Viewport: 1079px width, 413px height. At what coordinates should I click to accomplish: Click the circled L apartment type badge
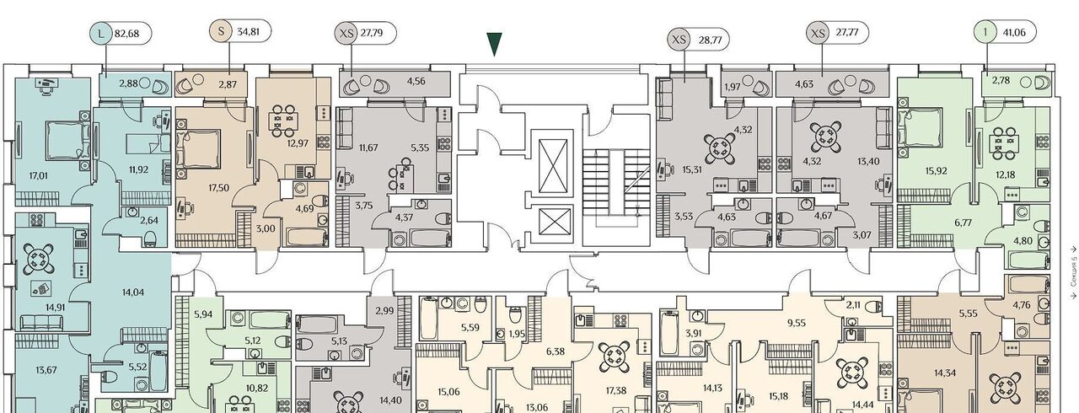(99, 34)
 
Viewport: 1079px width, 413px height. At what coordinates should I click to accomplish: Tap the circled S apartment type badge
(221, 31)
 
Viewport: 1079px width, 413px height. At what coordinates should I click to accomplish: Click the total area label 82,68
(126, 34)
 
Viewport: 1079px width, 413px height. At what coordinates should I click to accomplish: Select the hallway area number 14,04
(133, 292)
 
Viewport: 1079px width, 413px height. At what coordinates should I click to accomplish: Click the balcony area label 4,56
(416, 82)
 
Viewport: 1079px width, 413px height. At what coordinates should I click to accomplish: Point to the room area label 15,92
(936, 170)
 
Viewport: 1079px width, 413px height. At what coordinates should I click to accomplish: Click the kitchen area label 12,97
(298, 143)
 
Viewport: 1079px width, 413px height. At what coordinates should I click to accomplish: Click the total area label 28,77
(710, 40)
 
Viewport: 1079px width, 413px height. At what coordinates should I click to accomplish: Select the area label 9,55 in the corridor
(797, 323)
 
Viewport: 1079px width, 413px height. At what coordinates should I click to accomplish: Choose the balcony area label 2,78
(1001, 80)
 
